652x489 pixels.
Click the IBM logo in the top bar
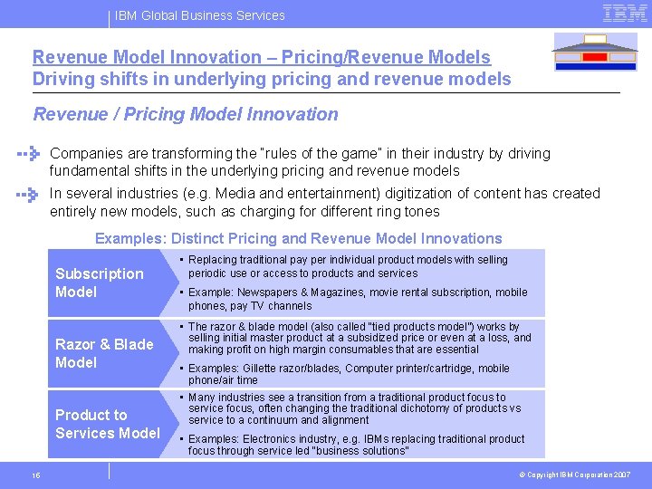point(624,13)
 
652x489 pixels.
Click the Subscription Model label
point(100,283)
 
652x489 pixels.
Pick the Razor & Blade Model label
point(104,353)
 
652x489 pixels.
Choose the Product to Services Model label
point(107,424)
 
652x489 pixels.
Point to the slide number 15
point(34,475)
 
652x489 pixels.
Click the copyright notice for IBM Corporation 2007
point(576,475)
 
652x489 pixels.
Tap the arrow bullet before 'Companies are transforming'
point(30,154)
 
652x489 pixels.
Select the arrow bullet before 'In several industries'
point(30,194)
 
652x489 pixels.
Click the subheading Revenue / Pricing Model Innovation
point(185,115)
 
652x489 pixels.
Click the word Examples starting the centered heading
point(126,239)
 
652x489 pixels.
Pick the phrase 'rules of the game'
point(313,154)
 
